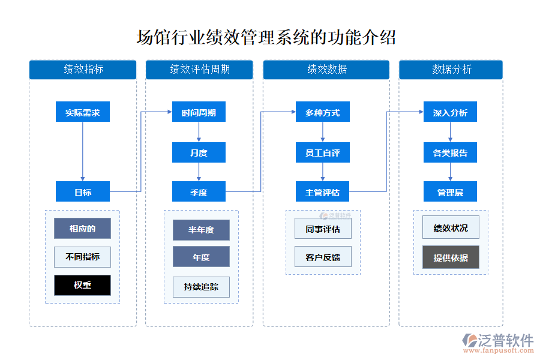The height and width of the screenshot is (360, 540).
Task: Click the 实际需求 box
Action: pyautogui.click(x=83, y=112)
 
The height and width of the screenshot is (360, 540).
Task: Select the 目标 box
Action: pyautogui.click(x=83, y=192)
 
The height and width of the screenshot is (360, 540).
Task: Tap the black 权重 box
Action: pyautogui.click(x=83, y=285)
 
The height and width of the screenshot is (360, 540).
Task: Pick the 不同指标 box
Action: pyautogui.click(x=83, y=257)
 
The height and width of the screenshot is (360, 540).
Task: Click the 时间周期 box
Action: pyautogui.click(x=199, y=112)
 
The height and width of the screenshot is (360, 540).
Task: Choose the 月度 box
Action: pyautogui.click(x=199, y=152)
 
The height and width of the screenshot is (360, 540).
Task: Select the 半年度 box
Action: pyautogui.click(x=201, y=230)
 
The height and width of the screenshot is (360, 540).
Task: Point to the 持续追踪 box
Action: pyautogui.click(x=201, y=287)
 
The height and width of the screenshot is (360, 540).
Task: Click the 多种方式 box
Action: pyautogui.click(x=322, y=112)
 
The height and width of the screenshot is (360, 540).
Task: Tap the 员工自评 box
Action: pyautogui.click(x=322, y=152)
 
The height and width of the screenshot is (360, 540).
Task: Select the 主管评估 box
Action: pyautogui.click(x=322, y=192)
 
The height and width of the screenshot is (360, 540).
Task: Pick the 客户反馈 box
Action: pyautogui.click(x=323, y=257)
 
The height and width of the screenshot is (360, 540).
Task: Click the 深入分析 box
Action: pyautogui.click(x=450, y=112)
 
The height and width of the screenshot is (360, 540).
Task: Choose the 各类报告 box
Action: pyautogui.click(x=450, y=152)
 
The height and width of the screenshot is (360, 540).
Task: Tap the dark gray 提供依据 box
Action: pyautogui.click(x=451, y=257)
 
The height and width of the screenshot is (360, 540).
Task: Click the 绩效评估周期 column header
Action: pyautogui.click(x=199, y=70)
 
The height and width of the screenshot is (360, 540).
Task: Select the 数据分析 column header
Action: pyautogui.click(x=451, y=70)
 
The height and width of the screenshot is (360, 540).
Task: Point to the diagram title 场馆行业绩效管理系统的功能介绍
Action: pyautogui.click(x=266, y=37)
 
